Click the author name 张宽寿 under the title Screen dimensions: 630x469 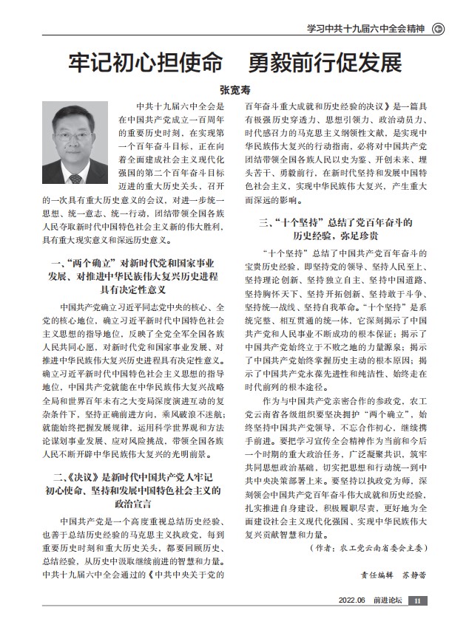click(234, 86)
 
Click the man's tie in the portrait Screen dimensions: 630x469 click(75, 179)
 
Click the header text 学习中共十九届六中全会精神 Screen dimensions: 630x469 click(366, 29)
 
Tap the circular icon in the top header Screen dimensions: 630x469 click(438, 29)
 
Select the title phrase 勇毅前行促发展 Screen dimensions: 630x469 click(323, 61)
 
